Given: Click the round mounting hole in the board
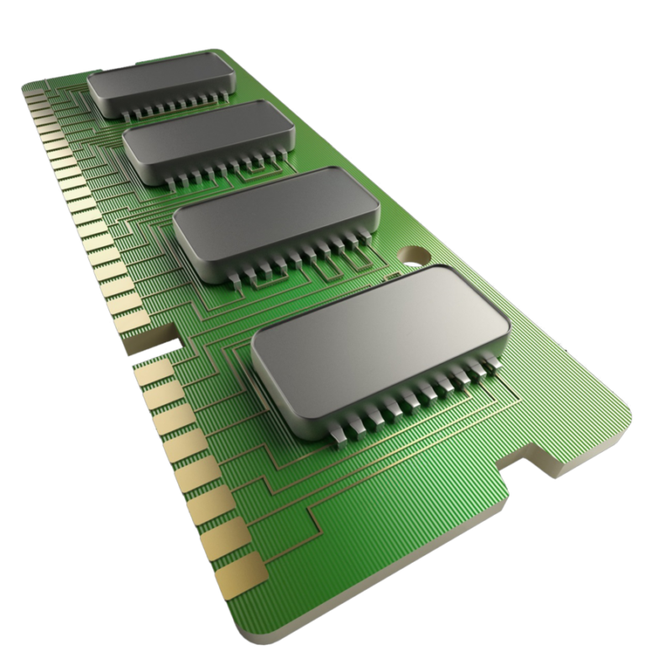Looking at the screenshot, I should click(x=413, y=253).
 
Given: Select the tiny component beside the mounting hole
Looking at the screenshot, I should click(x=390, y=276).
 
